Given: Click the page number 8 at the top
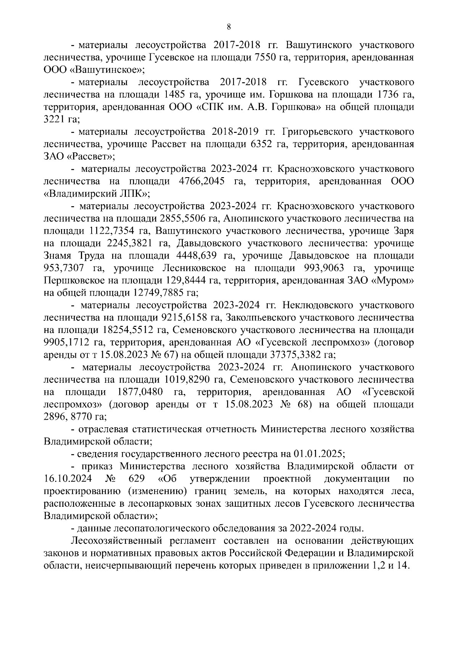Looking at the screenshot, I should (229, 26).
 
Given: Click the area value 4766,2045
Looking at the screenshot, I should (203, 181).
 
